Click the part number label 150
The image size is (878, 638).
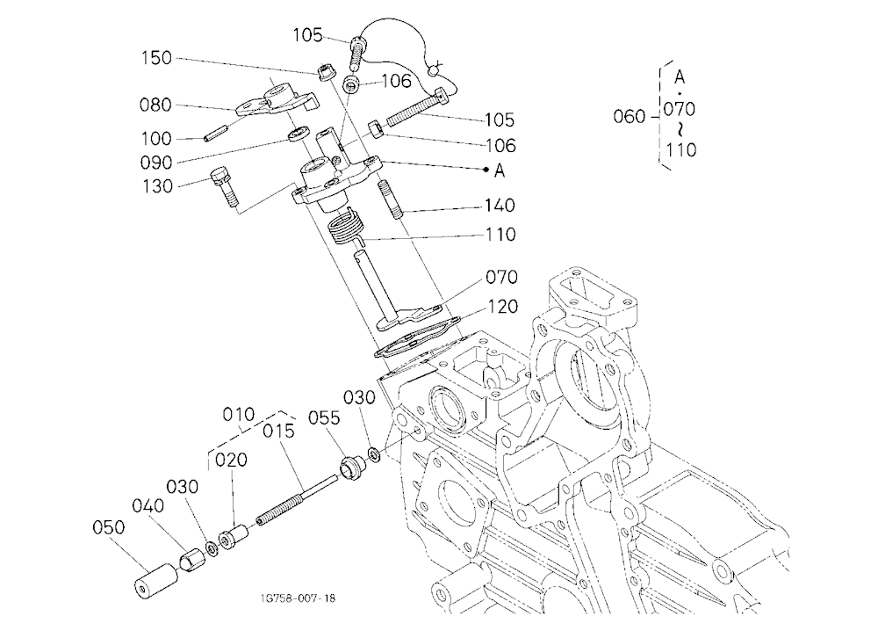tap(156, 58)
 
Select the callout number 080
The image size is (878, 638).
tap(155, 105)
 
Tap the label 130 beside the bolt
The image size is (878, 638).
tap(157, 186)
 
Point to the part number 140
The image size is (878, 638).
tap(500, 205)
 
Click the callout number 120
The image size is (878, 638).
tap(502, 307)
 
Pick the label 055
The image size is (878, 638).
tap(324, 417)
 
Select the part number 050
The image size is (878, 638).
tap(109, 527)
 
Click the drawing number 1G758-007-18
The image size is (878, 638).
tap(298, 598)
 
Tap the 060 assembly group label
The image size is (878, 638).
tap(630, 117)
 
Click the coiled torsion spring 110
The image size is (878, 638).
tap(346, 227)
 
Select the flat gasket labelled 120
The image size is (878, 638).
tap(417, 337)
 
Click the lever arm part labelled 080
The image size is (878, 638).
tap(276, 99)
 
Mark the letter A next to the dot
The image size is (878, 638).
tap(500, 170)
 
